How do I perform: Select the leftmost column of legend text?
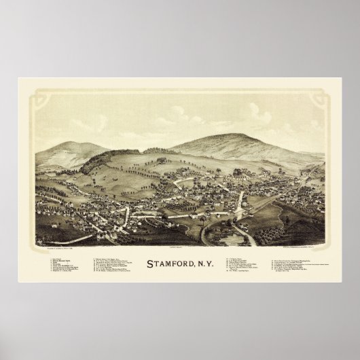point(65,266)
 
